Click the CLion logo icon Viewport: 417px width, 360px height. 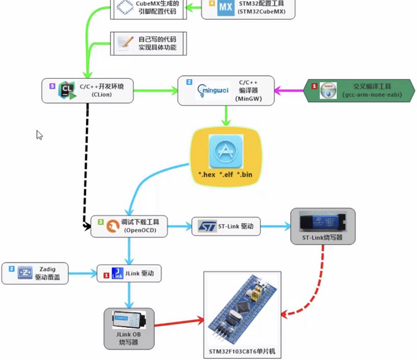[67, 90]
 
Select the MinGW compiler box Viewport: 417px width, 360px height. [226, 91]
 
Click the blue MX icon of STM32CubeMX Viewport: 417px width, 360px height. [226, 8]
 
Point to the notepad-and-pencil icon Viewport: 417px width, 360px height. [125, 43]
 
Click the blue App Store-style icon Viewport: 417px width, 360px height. [226, 152]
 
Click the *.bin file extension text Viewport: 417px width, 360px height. [245, 175]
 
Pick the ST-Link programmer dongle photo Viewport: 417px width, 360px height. [323, 221]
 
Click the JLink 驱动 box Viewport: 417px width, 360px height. [129, 273]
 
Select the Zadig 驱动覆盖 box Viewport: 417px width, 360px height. [35, 273]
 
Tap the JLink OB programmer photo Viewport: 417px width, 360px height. [129, 320]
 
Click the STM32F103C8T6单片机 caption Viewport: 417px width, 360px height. [242, 351]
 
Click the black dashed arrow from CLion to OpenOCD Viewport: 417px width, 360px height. [87, 163]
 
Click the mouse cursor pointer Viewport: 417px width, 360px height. [39, 135]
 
